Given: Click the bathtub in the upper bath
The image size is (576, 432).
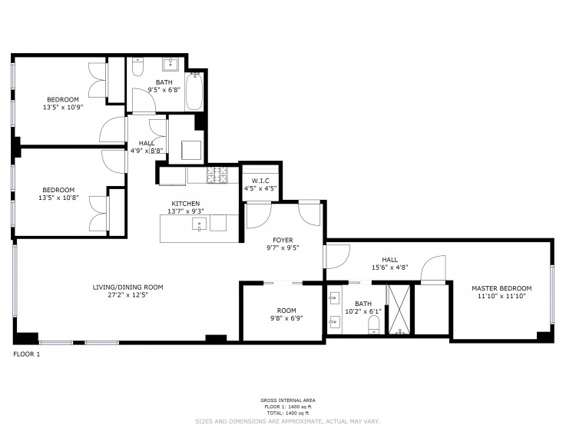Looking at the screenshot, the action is (x=194, y=91).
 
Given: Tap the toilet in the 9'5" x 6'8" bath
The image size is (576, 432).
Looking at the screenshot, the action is (x=137, y=66).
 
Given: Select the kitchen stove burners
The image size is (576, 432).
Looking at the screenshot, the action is (x=217, y=175).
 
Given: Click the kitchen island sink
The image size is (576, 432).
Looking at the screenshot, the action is (x=199, y=224).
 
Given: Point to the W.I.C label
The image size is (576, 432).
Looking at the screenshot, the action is (x=260, y=181).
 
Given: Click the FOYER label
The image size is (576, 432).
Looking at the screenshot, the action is (x=283, y=240).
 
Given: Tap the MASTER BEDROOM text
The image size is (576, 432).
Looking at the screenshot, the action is (x=502, y=288).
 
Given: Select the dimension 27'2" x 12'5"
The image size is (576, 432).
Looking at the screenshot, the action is (x=127, y=295).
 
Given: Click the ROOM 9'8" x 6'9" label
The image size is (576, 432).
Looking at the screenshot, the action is (x=286, y=314).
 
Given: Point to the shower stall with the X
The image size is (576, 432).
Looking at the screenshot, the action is (x=399, y=310).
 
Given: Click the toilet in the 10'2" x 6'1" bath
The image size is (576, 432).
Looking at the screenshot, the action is (x=373, y=324).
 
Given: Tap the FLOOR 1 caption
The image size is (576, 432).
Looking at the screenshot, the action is (x=26, y=354).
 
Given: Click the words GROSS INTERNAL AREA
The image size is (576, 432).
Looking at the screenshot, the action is (x=288, y=400).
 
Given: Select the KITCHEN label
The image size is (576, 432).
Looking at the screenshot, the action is (x=186, y=203).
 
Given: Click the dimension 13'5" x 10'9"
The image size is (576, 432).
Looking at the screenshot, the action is (x=63, y=108).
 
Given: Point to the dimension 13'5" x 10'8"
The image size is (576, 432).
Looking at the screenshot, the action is (x=59, y=198).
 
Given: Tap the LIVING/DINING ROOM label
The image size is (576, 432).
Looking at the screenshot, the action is (x=127, y=287).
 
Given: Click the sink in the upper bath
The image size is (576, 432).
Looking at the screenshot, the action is (x=170, y=64).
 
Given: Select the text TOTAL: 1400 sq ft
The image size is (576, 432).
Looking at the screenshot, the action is (x=288, y=414).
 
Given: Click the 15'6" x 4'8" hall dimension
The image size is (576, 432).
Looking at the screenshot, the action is (x=390, y=268).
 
